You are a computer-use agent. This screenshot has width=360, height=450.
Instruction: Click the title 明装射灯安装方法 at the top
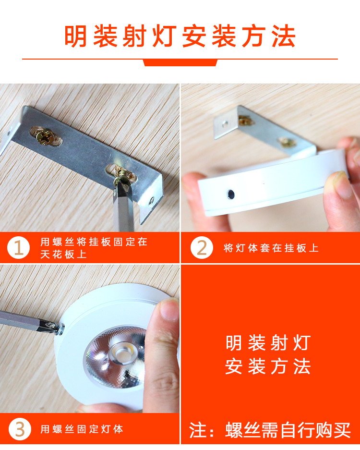[x=180, y=36]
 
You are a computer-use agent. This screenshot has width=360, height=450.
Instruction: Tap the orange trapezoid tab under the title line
[x=180, y=62]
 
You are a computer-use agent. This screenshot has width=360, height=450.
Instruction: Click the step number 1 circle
[x=18, y=248]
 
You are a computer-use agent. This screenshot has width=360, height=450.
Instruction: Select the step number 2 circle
[x=202, y=248]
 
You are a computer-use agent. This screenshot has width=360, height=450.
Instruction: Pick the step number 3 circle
[x=20, y=429]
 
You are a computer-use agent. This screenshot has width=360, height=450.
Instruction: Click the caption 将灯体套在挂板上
[x=271, y=248]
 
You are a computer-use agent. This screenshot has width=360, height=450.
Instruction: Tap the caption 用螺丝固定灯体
[x=82, y=429]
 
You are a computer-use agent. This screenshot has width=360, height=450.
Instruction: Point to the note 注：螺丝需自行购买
[x=270, y=430]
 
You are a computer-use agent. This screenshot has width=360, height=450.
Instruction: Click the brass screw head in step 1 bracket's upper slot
[x=45, y=136]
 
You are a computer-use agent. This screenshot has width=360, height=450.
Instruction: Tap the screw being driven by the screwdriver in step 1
[x=123, y=174]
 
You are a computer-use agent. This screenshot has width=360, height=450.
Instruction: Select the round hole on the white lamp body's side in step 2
[x=230, y=195]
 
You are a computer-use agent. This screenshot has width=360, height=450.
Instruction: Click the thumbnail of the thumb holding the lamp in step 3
[x=169, y=308]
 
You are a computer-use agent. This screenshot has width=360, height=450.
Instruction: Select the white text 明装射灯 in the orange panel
[x=268, y=343]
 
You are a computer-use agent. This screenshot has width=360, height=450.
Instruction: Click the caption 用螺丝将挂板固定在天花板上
[x=94, y=248]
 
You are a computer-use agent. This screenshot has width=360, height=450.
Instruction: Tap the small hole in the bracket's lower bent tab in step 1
[x=152, y=200]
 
